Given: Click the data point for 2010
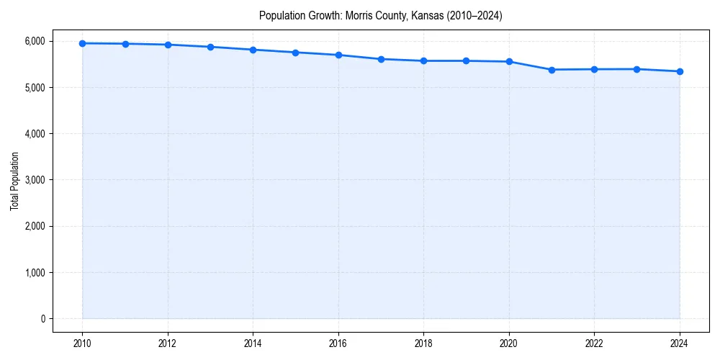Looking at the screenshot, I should point(83,43).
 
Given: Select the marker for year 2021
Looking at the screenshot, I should point(552,70).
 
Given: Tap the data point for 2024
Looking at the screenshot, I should point(680,71).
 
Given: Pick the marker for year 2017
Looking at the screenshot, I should point(381,59).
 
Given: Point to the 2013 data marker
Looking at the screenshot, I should point(210,47).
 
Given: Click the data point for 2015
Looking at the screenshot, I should point(296,53).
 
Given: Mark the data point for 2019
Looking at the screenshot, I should point(467,60).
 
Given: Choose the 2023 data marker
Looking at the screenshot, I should point(637,69).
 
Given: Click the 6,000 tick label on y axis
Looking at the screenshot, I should point(35,41).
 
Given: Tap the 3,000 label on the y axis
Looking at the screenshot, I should point(35,180).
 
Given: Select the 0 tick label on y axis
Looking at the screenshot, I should point(42,319).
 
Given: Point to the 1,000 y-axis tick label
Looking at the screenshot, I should point(35,273).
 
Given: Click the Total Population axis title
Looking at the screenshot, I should point(14,181).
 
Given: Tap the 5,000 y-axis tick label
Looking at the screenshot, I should point(35,88).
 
